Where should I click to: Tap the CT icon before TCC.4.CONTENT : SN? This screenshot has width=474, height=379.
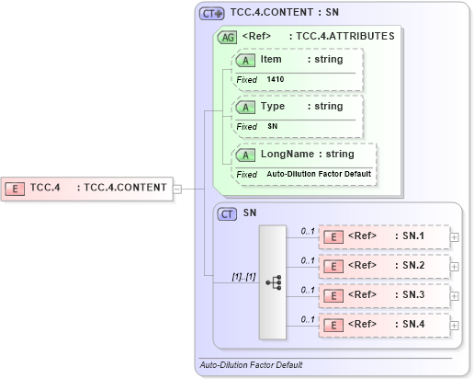[x=212, y=15]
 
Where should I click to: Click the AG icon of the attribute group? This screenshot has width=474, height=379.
[x=226, y=38]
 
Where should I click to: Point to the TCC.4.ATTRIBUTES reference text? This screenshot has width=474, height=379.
[x=341, y=37]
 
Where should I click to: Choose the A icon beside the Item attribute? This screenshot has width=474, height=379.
[x=246, y=60]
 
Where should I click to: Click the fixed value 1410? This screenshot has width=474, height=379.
[x=276, y=79]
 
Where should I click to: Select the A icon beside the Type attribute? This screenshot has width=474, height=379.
[x=246, y=107]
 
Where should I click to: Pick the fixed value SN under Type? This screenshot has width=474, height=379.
[x=272, y=126]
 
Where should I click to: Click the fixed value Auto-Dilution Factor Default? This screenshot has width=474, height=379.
[x=319, y=173]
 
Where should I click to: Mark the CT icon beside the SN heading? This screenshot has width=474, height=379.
[x=228, y=213]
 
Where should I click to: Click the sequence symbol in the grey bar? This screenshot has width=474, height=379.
[x=274, y=281]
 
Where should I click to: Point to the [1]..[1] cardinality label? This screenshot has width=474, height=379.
[x=243, y=276]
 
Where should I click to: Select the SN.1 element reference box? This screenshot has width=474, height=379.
[x=384, y=237]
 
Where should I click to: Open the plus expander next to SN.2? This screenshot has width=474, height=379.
[x=455, y=267]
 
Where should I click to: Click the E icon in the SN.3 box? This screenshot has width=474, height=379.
[x=334, y=296]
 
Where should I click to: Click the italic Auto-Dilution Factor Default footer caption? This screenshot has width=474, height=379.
[x=251, y=365]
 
